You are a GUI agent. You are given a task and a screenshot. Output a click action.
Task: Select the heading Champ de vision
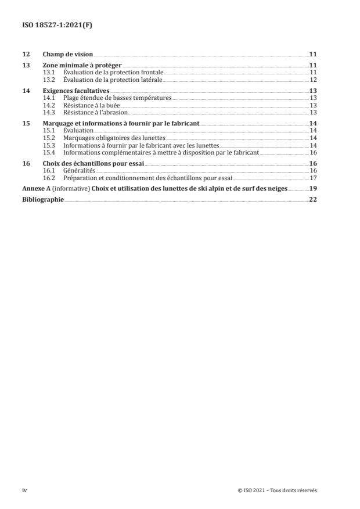68,54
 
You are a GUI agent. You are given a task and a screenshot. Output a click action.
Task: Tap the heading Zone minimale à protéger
82,65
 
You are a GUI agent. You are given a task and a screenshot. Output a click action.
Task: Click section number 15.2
49,138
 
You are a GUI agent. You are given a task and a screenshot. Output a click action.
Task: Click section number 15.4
49,152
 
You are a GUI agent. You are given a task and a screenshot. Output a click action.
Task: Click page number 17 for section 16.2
312,178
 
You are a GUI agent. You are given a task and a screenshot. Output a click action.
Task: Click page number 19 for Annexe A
312,189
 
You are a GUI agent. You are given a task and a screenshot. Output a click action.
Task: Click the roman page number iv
24,490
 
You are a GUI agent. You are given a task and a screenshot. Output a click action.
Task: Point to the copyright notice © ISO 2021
278,490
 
